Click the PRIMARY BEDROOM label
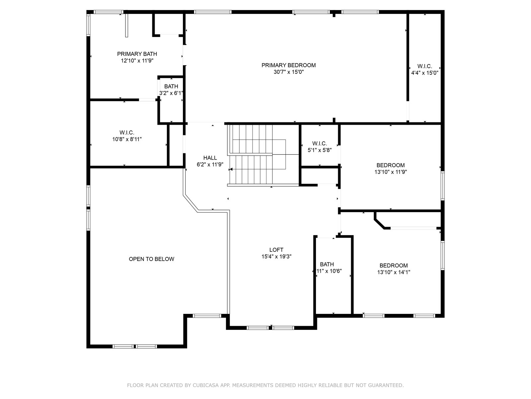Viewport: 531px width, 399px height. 288,65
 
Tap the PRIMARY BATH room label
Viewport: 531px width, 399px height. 137,54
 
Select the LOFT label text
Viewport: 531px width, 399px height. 276,250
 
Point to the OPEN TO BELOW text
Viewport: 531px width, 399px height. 151,259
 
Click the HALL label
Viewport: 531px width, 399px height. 210,158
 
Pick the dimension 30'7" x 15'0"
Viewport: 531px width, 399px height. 288,72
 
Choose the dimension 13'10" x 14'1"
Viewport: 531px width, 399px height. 394,272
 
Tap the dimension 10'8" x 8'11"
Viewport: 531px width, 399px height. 127,139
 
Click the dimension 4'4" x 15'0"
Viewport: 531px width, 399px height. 424,73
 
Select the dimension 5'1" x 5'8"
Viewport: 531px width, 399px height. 319,150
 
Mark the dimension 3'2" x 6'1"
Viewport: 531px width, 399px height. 171,93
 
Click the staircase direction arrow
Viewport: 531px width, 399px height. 231,169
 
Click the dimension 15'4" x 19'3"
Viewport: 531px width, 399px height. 276,257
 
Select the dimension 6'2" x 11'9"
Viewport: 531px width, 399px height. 210,165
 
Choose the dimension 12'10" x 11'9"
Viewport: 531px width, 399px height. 137,61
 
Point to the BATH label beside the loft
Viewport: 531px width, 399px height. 327,264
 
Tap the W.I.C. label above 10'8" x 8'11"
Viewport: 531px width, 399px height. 127,133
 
